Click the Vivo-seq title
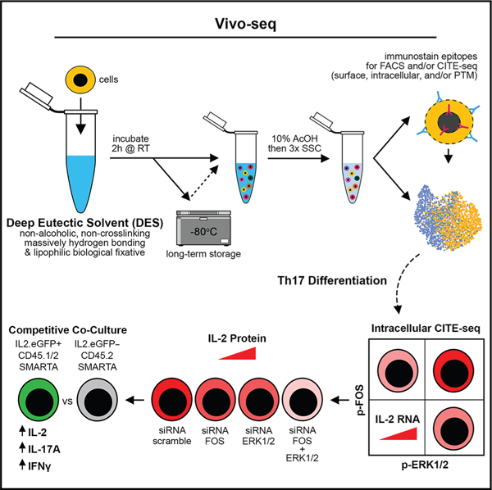click(x=245, y=24)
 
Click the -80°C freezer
click(x=203, y=228)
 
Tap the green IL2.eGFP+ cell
click(x=39, y=401)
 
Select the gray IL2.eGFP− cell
click(x=98, y=401)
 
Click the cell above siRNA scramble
click(x=172, y=401)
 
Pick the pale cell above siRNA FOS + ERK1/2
click(x=303, y=401)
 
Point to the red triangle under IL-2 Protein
click(x=238, y=353)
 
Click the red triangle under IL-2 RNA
click(x=399, y=433)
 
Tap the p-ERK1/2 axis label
click(x=425, y=465)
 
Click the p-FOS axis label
click(x=362, y=400)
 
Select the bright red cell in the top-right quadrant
click(x=453, y=370)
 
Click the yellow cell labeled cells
click(x=80, y=80)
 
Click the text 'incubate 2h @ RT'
click(x=130, y=143)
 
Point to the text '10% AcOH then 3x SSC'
click(x=294, y=143)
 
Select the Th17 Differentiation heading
click(x=332, y=280)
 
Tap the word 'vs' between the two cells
click(x=68, y=401)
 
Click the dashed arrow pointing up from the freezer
click(x=203, y=182)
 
